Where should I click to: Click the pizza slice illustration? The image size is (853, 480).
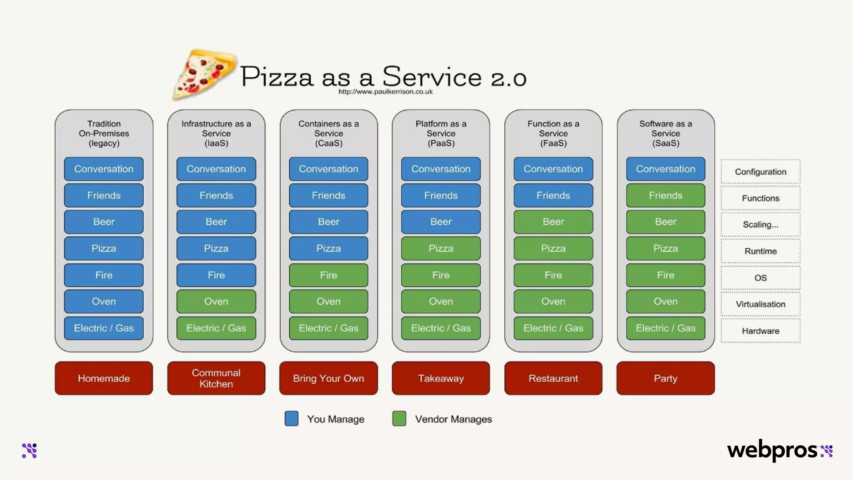[x=204, y=74]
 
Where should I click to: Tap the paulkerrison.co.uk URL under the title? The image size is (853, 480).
[x=385, y=92]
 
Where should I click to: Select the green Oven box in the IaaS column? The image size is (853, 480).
[x=216, y=301]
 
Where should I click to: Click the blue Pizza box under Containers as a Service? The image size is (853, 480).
[x=328, y=248]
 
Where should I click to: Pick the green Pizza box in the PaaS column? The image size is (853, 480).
[x=441, y=248]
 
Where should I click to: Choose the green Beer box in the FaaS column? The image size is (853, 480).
[x=553, y=222]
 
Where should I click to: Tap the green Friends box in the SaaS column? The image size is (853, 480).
[x=665, y=195]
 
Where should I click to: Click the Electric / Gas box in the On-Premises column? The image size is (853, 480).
[x=104, y=328]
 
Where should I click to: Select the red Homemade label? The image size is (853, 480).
[x=104, y=378]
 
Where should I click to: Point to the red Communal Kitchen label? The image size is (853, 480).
[x=216, y=378]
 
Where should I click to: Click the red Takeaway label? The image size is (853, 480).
[x=441, y=378]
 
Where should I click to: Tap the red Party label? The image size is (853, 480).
[x=665, y=378]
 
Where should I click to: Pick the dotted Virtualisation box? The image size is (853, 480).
[x=760, y=304]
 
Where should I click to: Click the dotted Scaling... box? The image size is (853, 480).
[x=760, y=225]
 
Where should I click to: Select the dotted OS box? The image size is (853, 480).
[x=760, y=278]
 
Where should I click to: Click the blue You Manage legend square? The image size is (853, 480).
[x=292, y=418]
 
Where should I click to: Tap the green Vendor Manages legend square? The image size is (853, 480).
[x=399, y=418]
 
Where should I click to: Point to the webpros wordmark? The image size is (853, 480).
[x=772, y=450]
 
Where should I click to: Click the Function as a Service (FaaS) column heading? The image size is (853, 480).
[x=553, y=133]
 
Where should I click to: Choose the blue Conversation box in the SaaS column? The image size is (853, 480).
[x=665, y=169]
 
